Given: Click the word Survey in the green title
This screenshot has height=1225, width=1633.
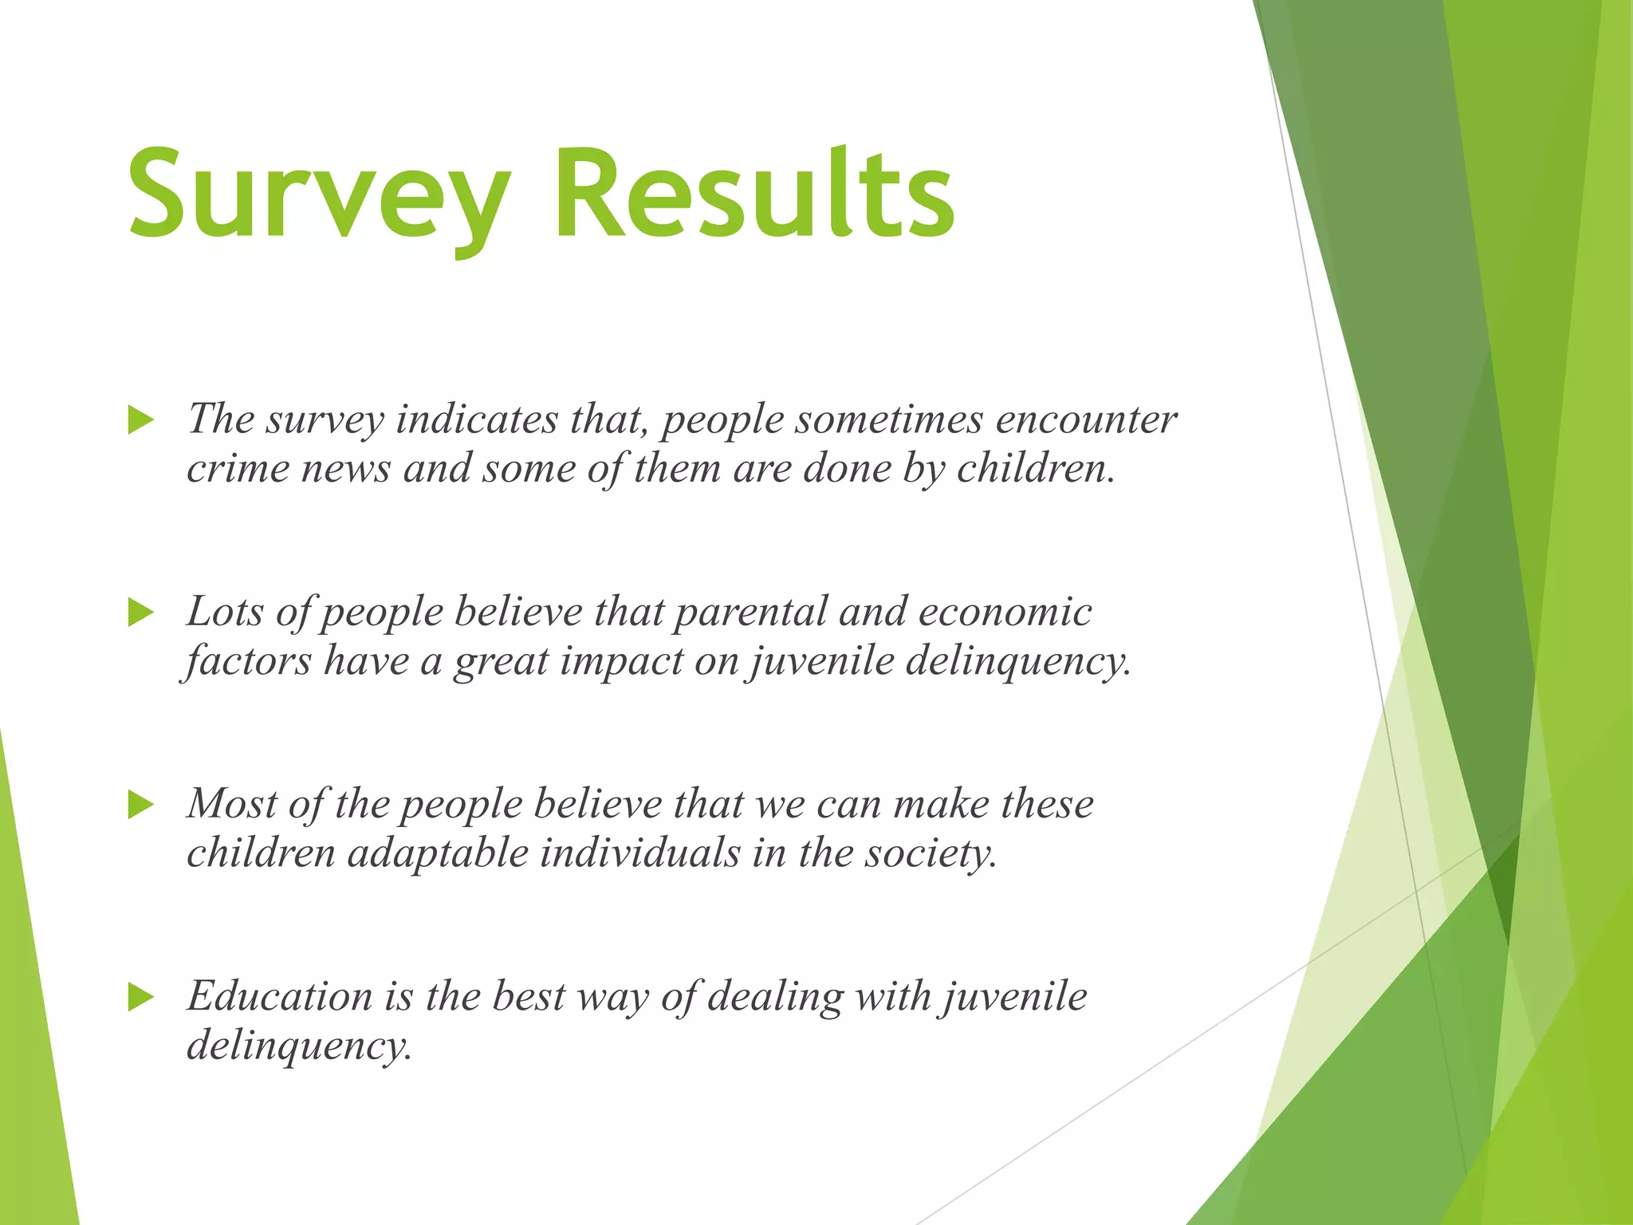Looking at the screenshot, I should [319, 195].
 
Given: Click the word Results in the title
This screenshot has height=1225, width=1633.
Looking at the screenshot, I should [754, 195].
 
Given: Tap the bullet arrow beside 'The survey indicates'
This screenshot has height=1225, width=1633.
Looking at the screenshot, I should [140, 419].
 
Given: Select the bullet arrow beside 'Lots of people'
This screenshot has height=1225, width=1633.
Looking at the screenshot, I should [140, 612].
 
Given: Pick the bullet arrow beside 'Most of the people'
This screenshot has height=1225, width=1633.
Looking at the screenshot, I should [140, 805].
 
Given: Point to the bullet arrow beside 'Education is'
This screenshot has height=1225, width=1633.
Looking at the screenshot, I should [140, 997].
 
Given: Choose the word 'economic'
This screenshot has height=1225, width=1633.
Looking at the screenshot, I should [1005, 612].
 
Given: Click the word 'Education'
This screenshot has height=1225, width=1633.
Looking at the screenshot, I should [279, 997].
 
